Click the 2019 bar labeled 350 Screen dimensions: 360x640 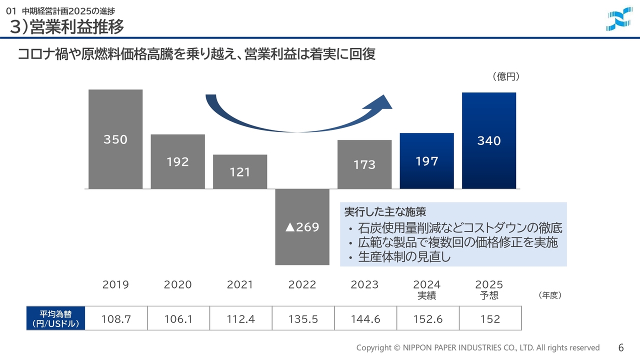click(115, 139)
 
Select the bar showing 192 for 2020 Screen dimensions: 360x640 click(178, 161)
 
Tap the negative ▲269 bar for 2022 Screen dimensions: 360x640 click(302, 227)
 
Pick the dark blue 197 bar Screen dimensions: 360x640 click(427, 161)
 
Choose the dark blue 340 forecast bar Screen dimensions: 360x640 click(489, 140)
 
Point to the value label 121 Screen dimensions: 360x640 click(240, 172)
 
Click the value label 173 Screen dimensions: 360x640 click(364, 164)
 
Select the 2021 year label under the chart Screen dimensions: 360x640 click(240, 284)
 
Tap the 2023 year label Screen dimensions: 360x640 click(364, 284)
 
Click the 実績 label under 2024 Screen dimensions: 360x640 click(427, 295)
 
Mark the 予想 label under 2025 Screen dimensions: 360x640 click(489, 295)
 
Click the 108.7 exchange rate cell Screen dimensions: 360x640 click(116, 319)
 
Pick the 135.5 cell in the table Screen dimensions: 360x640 click(303, 319)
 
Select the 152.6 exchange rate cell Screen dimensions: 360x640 click(427, 319)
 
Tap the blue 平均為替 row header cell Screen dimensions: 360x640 click(55, 319)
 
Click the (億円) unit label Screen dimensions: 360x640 click(505, 76)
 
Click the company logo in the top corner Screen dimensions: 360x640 click(619, 18)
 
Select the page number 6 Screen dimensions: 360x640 click(621, 347)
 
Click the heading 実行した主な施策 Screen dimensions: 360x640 click(385, 212)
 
